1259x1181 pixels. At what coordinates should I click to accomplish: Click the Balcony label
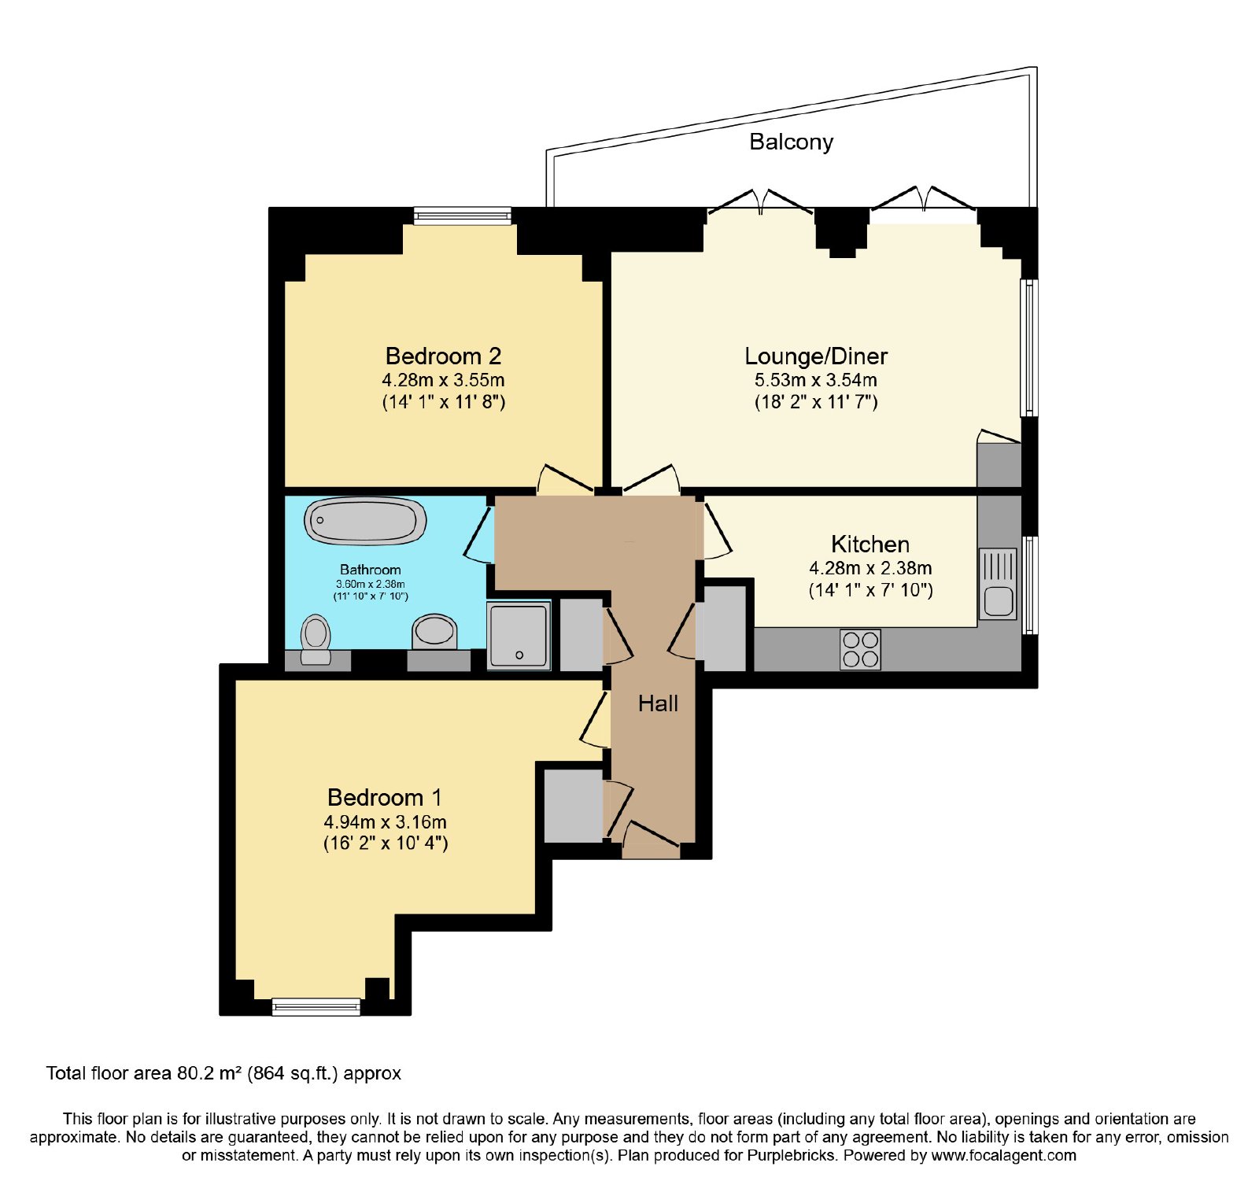click(x=791, y=142)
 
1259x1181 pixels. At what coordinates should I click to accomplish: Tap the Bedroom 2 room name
click(x=443, y=356)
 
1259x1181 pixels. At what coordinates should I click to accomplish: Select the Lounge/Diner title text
click(x=816, y=356)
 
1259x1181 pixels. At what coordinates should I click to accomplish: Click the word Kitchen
click(x=870, y=544)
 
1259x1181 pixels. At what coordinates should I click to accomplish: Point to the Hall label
click(x=658, y=703)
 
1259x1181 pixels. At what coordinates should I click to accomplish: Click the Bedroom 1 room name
click(x=385, y=798)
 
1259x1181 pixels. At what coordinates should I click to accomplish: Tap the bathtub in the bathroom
click(x=365, y=521)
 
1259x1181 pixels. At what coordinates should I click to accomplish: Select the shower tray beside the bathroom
click(x=518, y=636)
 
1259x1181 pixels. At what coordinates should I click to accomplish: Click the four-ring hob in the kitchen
click(x=860, y=650)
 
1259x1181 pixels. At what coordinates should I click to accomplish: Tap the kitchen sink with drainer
click(x=998, y=584)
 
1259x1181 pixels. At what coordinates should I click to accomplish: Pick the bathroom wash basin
click(x=434, y=632)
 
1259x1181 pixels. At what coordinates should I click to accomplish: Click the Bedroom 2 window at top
click(x=463, y=216)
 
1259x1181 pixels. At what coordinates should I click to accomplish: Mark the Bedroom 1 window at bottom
click(x=316, y=1007)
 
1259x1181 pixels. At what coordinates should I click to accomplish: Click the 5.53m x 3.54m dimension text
click(x=816, y=380)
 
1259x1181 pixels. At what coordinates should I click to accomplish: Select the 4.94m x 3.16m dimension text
click(x=385, y=822)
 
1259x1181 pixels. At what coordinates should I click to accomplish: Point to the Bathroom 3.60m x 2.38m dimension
click(x=371, y=584)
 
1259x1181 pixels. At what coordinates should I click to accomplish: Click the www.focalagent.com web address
click(x=1003, y=1156)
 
